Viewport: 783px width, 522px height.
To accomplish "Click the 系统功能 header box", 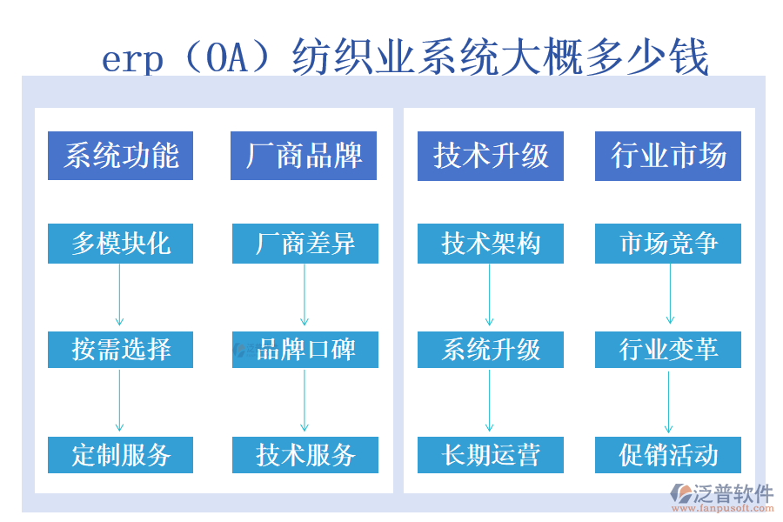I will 120,156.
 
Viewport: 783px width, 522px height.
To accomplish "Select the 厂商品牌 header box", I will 304,156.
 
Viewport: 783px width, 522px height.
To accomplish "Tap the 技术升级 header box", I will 491,156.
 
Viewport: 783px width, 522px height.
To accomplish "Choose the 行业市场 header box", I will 668,156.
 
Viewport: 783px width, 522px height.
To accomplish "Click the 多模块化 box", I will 120,244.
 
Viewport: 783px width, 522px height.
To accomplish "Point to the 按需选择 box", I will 120,349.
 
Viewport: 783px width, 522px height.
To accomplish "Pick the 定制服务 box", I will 120,454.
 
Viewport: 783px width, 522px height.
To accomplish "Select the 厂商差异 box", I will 304,244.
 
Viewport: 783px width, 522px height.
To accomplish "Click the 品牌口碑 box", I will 304,349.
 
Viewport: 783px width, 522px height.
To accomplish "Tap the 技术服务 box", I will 304,454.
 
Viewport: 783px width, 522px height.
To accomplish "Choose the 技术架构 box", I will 491,244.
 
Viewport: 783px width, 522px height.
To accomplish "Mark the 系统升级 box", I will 491,349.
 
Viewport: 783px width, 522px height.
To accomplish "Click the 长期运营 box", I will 491,454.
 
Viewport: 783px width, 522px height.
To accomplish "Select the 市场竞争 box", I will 668,244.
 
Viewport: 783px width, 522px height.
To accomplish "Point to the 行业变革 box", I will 668,349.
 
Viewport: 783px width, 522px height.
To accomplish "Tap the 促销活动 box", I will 668,454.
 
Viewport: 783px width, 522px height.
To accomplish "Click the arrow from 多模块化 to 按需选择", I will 120,296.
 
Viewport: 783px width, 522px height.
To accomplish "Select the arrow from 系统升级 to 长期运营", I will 490,401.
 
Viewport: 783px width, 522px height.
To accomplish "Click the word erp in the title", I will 132,59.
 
